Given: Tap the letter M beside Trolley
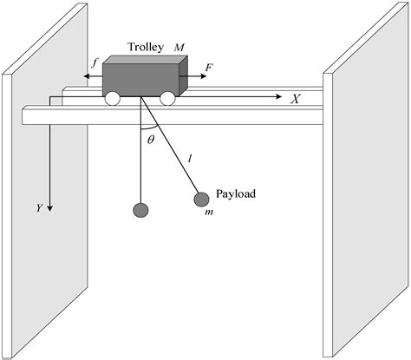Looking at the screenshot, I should (179, 45).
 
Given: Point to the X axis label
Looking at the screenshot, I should (295, 99).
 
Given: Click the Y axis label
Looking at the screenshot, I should (40, 208).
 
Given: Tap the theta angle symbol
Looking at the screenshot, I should (150, 139).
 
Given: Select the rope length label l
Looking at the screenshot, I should (190, 159).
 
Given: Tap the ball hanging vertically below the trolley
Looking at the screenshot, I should (140, 210).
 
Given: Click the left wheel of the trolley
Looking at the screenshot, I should (113, 99).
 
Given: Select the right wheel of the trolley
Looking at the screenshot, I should (166, 99).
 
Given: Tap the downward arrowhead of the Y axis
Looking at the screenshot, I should (52, 208).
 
